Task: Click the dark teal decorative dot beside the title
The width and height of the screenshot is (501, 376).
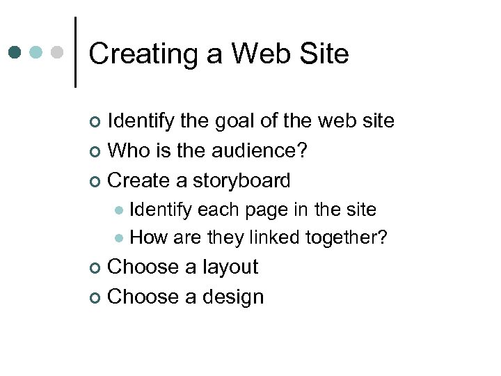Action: (x=15, y=52)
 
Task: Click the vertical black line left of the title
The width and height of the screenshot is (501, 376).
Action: (x=74, y=52)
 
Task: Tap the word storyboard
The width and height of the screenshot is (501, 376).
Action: (x=241, y=181)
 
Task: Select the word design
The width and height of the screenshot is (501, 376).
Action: (x=233, y=297)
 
